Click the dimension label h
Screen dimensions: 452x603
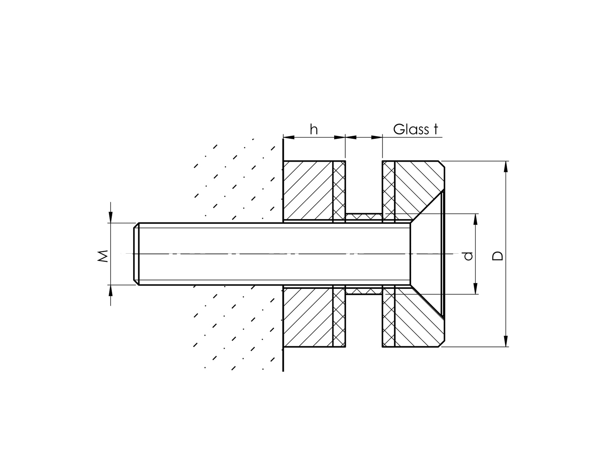314,130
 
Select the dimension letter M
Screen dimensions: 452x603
103,255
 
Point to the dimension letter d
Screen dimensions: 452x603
468,255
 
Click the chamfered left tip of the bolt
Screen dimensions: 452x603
136,254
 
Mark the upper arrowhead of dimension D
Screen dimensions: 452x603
506,166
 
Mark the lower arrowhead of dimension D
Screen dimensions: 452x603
506,342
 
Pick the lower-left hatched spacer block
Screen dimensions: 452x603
308,318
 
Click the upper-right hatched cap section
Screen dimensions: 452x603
416,183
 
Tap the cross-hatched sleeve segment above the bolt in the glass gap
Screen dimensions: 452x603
364,217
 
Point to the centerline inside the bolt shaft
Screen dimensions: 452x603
273,254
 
